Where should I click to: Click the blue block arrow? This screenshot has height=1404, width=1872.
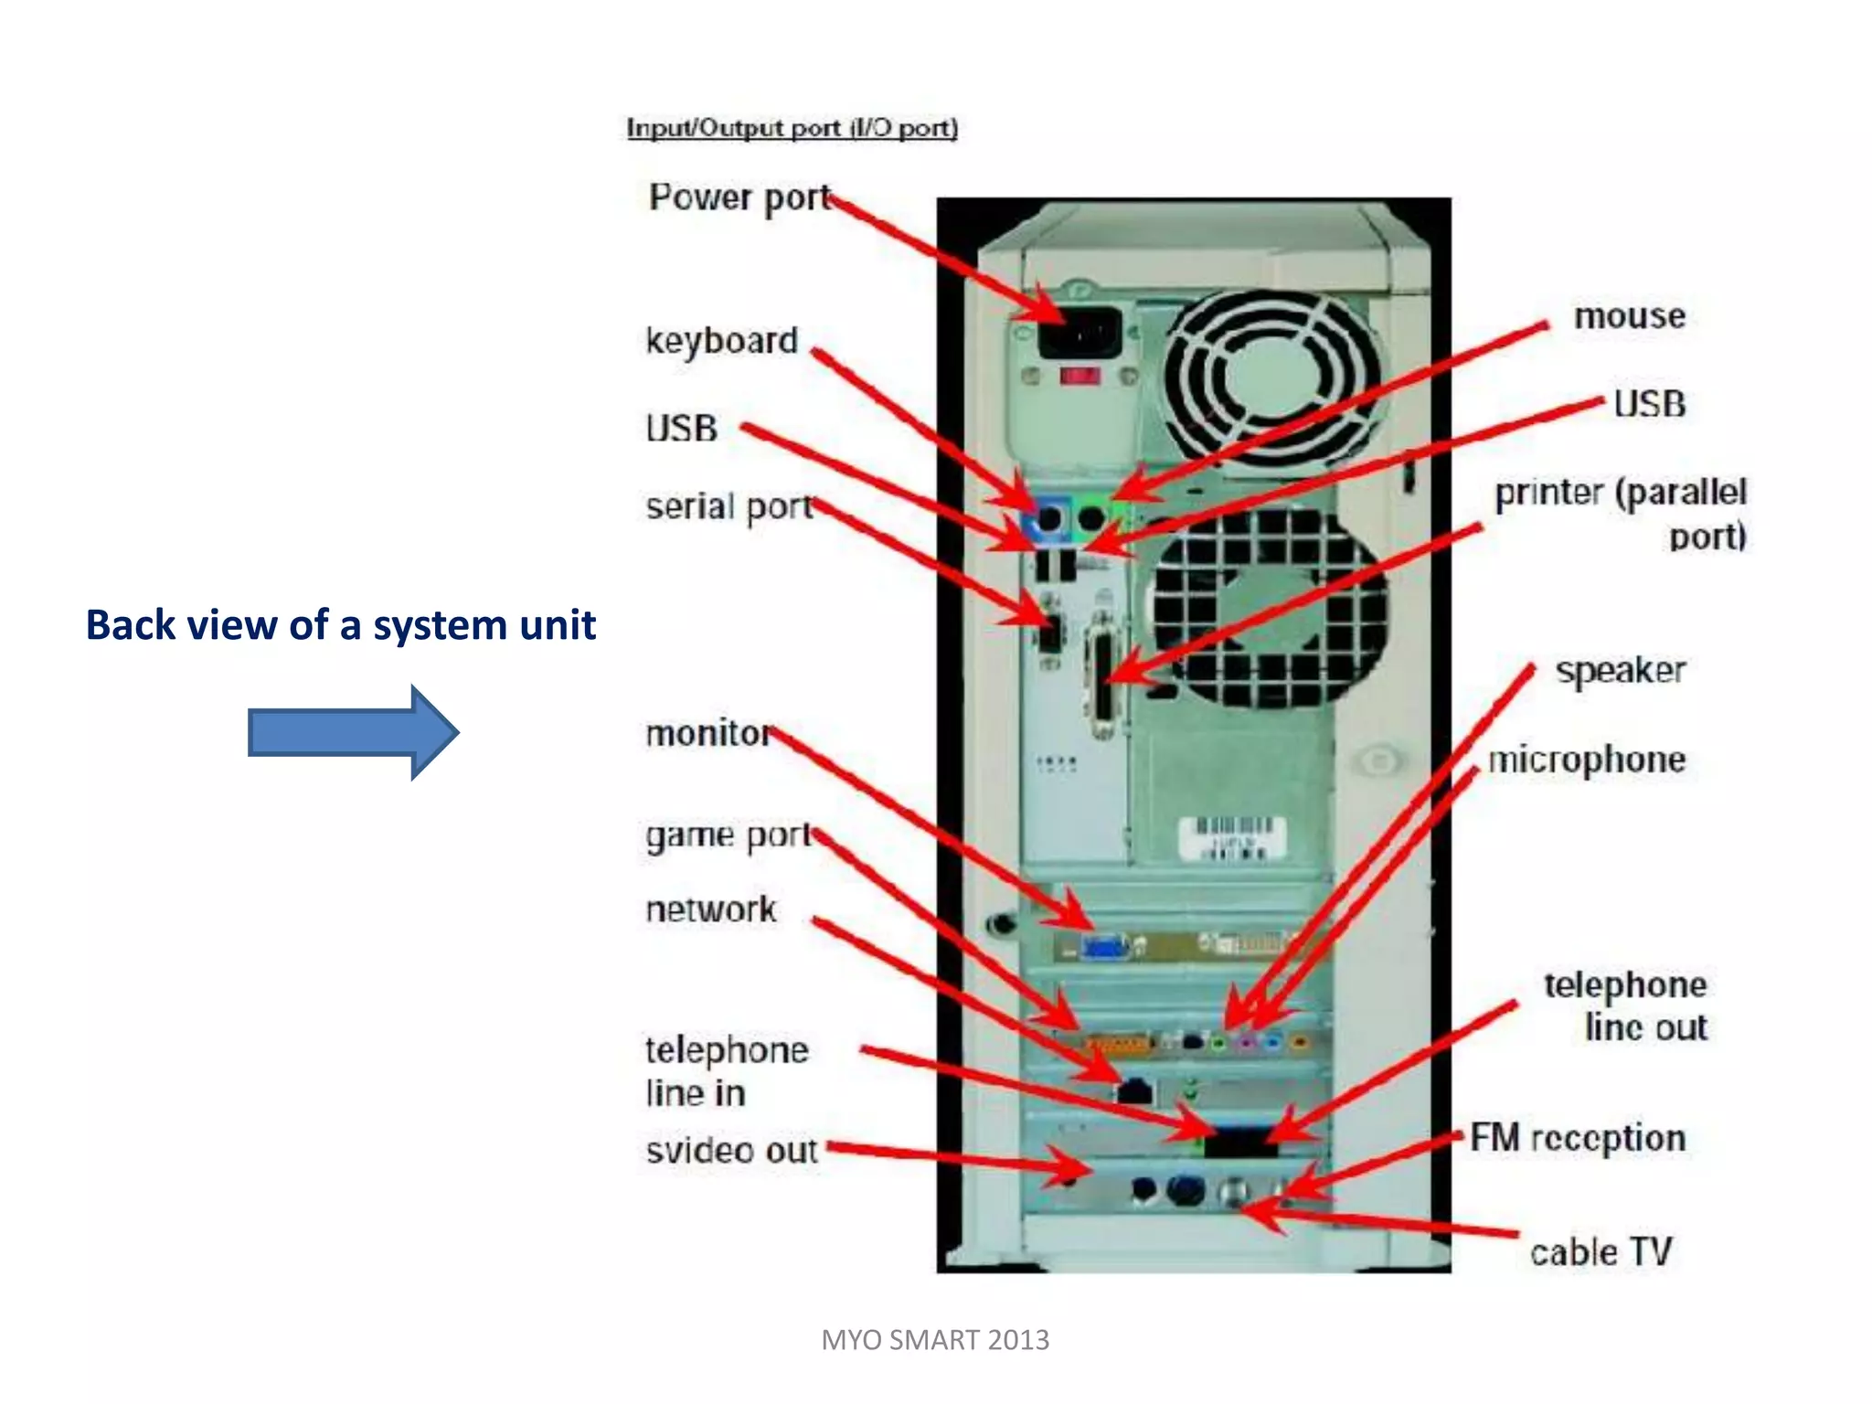coord(352,733)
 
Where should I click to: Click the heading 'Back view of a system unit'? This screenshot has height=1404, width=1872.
coord(340,625)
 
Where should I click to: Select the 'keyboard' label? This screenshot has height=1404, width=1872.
coord(721,341)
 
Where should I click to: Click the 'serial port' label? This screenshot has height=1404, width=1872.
coord(729,506)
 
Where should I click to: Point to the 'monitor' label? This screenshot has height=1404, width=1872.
coord(708,733)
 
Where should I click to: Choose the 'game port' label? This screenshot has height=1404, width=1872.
coord(728,835)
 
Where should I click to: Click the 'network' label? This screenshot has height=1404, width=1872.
coord(710,909)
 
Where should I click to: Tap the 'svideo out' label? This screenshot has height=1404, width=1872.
coord(731,1151)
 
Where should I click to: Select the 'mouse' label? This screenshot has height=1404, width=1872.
coord(1629,316)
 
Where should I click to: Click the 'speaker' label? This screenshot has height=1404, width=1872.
coord(1620,671)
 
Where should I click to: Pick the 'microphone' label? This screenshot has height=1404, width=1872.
coord(1587,760)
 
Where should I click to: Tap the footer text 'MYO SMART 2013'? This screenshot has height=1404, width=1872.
coord(935,1340)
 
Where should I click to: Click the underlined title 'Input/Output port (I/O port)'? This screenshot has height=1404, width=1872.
coord(792,128)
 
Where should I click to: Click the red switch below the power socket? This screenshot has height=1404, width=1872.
coord(1080,376)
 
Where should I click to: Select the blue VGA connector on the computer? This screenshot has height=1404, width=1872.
coord(1104,948)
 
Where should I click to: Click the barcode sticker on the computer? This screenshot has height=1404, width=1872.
coord(1232,837)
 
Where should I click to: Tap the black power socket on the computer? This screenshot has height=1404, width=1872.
coord(1080,333)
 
